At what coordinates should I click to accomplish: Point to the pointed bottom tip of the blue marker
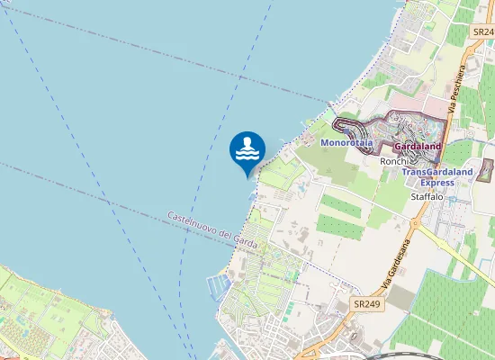click(247, 177)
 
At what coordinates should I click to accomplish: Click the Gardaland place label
click(418, 145)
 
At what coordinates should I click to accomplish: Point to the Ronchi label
click(394, 160)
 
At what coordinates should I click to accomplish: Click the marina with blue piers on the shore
click(219, 287)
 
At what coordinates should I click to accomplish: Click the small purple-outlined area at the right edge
click(486, 170)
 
